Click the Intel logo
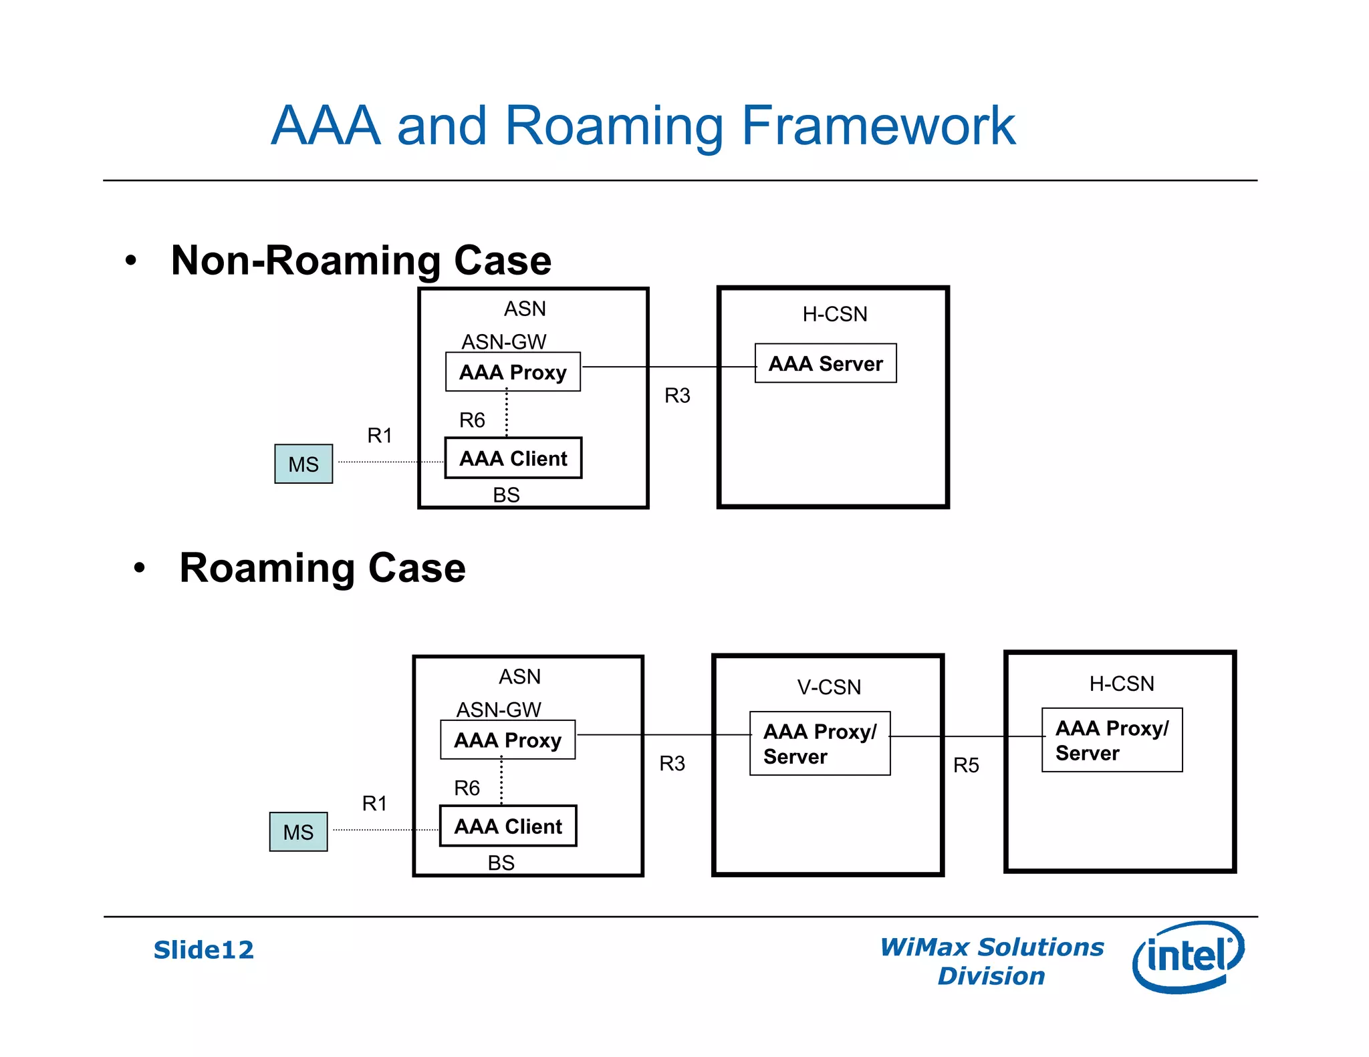click(x=1188, y=956)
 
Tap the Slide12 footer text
click(x=203, y=949)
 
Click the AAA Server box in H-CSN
click(x=825, y=363)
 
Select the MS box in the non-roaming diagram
click(x=303, y=464)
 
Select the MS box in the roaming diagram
click(x=298, y=832)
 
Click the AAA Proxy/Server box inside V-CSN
click(x=820, y=743)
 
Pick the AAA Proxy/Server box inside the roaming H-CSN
click(x=1112, y=740)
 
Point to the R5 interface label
click(x=965, y=765)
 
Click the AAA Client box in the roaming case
click(x=508, y=826)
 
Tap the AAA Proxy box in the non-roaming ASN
click(x=513, y=372)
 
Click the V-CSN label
click(x=829, y=687)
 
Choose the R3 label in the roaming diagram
click(x=672, y=763)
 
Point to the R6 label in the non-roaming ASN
click(x=471, y=420)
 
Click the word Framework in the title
click(x=878, y=126)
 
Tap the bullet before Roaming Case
click(x=139, y=569)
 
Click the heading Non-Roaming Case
click(x=361, y=260)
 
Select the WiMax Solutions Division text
click(x=991, y=961)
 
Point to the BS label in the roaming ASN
click(x=501, y=863)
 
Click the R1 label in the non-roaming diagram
click(x=379, y=436)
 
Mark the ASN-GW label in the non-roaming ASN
click(x=504, y=341)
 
